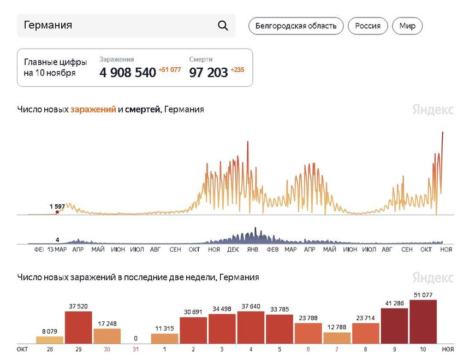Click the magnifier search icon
[223, 26]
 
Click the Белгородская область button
[296, 26]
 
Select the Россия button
[367, 26]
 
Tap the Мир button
[407, 26]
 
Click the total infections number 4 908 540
[128, 72]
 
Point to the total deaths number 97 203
[209, 72]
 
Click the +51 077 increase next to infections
[170, 70]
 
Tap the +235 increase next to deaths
[238, 70]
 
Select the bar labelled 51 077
[423, 322]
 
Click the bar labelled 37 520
[79, 327]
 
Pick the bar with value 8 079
[50, 339]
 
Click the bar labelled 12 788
[337, 338]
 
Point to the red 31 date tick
[136, 349]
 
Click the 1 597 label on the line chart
[57, 206]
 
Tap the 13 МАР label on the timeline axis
[57, 249]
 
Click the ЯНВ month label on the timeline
[252, 249]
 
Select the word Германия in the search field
[48, 25]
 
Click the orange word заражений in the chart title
[93, 109]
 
